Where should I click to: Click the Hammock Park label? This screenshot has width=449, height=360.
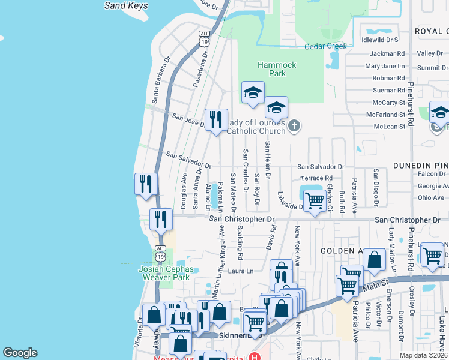click(277, 69)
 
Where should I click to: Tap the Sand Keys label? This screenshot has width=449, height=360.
click(126, 5)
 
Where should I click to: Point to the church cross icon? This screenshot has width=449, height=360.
click(294, 125)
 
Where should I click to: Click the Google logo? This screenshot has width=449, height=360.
click(20, 353)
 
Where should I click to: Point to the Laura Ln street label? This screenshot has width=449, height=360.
click(241, 271)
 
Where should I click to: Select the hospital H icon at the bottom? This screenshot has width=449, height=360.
click(255, 358)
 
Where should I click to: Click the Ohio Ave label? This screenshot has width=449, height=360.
click(431, 197)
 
